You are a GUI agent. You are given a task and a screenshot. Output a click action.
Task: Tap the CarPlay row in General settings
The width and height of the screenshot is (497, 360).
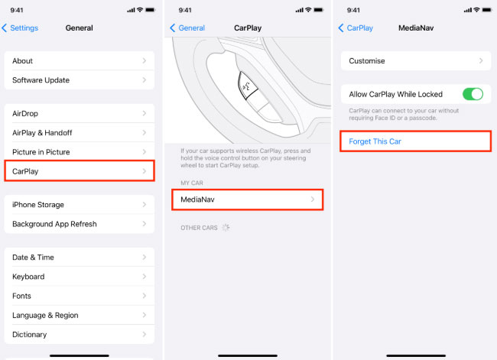click(80, 171)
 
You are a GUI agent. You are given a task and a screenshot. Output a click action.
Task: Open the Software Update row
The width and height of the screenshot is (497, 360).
click(80, 79)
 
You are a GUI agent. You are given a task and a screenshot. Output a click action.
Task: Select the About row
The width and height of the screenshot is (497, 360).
click(80, 61)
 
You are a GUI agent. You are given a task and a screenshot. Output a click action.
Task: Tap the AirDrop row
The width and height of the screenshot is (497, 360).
click(80, 113)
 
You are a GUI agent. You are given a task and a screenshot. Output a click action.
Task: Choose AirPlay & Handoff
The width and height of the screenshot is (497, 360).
click(80, 133)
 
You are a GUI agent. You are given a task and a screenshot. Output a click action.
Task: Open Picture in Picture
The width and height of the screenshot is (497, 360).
click(80, 152)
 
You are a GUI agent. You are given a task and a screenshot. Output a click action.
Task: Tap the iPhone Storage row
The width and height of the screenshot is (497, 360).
click(80, 205)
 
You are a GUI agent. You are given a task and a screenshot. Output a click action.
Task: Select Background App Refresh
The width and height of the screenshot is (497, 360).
click(80, 224)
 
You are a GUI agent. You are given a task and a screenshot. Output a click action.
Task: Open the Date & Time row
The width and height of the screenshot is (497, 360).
click(80, 258)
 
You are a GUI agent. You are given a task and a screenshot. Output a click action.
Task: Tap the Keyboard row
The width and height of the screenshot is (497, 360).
click(80, 277)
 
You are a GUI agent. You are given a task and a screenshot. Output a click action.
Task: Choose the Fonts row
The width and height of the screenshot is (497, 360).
click(80, 296)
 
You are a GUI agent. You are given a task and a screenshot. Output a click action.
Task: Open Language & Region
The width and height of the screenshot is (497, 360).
click(80, 316)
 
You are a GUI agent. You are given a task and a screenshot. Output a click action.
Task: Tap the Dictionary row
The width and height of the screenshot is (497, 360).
click(80, 335)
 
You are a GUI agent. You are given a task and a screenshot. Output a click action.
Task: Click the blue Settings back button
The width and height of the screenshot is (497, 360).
click(20, 28)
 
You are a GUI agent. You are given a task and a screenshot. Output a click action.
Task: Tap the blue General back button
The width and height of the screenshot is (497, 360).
click(187, 28)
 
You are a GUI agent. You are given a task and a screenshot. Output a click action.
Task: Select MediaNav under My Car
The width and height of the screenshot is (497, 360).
click(248, 199)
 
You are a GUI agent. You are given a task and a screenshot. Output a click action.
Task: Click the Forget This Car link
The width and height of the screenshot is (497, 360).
click(375, 141)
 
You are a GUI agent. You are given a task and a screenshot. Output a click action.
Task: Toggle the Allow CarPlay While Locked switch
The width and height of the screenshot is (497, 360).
click(473, 94)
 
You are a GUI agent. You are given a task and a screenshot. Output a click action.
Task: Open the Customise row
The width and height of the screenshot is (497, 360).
click(416, 61)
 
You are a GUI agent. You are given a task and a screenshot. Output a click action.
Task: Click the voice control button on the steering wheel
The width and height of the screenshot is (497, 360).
click(247, 86)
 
